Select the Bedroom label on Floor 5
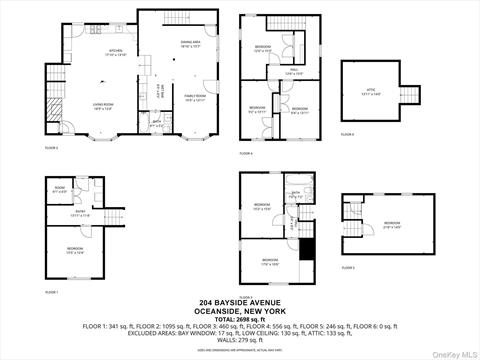click(392, 224)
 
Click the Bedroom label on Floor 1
click(75, 251)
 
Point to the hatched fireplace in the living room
click(56, 108)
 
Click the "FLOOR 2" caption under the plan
click(50, 148)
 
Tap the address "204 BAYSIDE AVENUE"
click(240, 304)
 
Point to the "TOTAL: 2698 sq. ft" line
click(240, 318)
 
